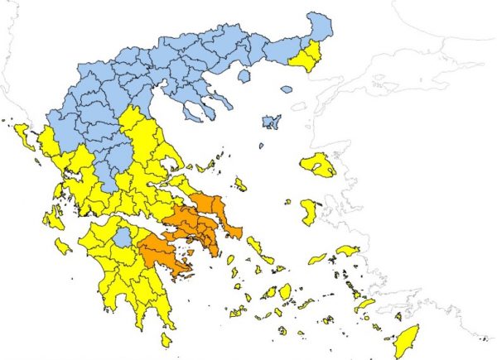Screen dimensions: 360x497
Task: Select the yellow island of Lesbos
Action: click(x=319, y=165)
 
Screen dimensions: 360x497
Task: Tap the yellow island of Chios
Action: click(x=308, y=211)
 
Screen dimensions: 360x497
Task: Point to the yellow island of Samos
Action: click(x=347, y=250)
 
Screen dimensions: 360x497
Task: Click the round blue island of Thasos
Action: click(x=244, y=76)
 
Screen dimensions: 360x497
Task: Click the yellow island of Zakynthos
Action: click(x=64, y=246)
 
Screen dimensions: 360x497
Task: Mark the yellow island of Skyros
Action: click(x=240, y=184)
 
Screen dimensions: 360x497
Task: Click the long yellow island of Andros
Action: click(x=254, y=245)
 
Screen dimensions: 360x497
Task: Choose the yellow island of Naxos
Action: click(x=285, y=290)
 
